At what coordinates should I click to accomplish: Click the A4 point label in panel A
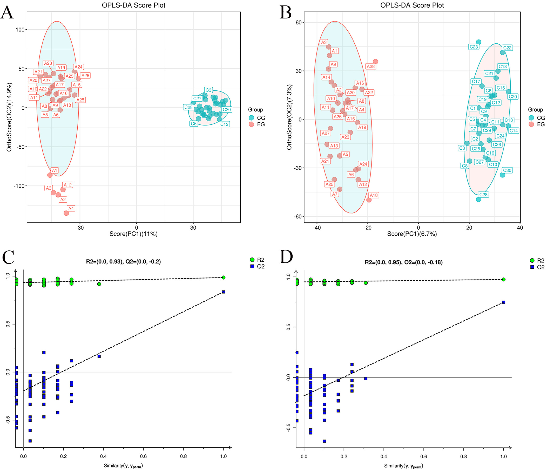pos(71,208)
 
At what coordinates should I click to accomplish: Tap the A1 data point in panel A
pos(50,175)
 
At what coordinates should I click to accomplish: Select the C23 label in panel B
pos(474,47)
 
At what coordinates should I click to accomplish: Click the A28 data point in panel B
pos(375,62)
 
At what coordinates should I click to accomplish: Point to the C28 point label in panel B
pos(483,195)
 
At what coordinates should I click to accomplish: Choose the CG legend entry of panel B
pos(537,118)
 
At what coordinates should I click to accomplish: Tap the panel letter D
pos(286,257)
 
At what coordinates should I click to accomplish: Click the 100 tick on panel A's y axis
pos(20,30)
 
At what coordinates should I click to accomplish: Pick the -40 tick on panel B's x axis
pos(317,228)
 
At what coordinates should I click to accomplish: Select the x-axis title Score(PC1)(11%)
pos(134,234)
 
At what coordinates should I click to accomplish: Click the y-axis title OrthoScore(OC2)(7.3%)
pos(289,117)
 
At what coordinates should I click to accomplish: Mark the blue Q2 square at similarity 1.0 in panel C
pos(223,292)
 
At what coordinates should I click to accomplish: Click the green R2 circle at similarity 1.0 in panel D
pos(503,280)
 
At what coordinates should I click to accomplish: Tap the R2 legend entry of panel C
pos(257,260)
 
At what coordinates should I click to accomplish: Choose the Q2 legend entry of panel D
pos(537,267)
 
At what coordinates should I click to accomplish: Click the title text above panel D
pos(404,262)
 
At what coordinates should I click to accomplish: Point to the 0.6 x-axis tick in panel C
pos(143,456)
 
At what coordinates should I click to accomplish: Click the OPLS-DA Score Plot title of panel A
pos(134,5)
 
